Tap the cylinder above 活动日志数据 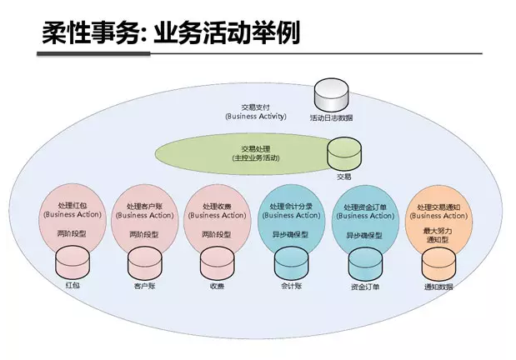click(x=330, y=94)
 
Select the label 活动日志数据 click(x=331, y=118)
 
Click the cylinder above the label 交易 click(x=343, y=153)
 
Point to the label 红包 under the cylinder click(x=73, y=286)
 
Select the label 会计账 click(x=290, y=286)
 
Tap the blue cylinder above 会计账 click(x=291, y=264)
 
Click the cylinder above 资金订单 click(x=364, y=264)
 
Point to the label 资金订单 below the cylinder click(x=364, y=287)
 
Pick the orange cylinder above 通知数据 click(x=438, y=264)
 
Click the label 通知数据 click(x=438, y=287)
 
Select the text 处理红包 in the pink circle click(x=72, y=205)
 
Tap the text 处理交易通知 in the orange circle click(x=438, y=207)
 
